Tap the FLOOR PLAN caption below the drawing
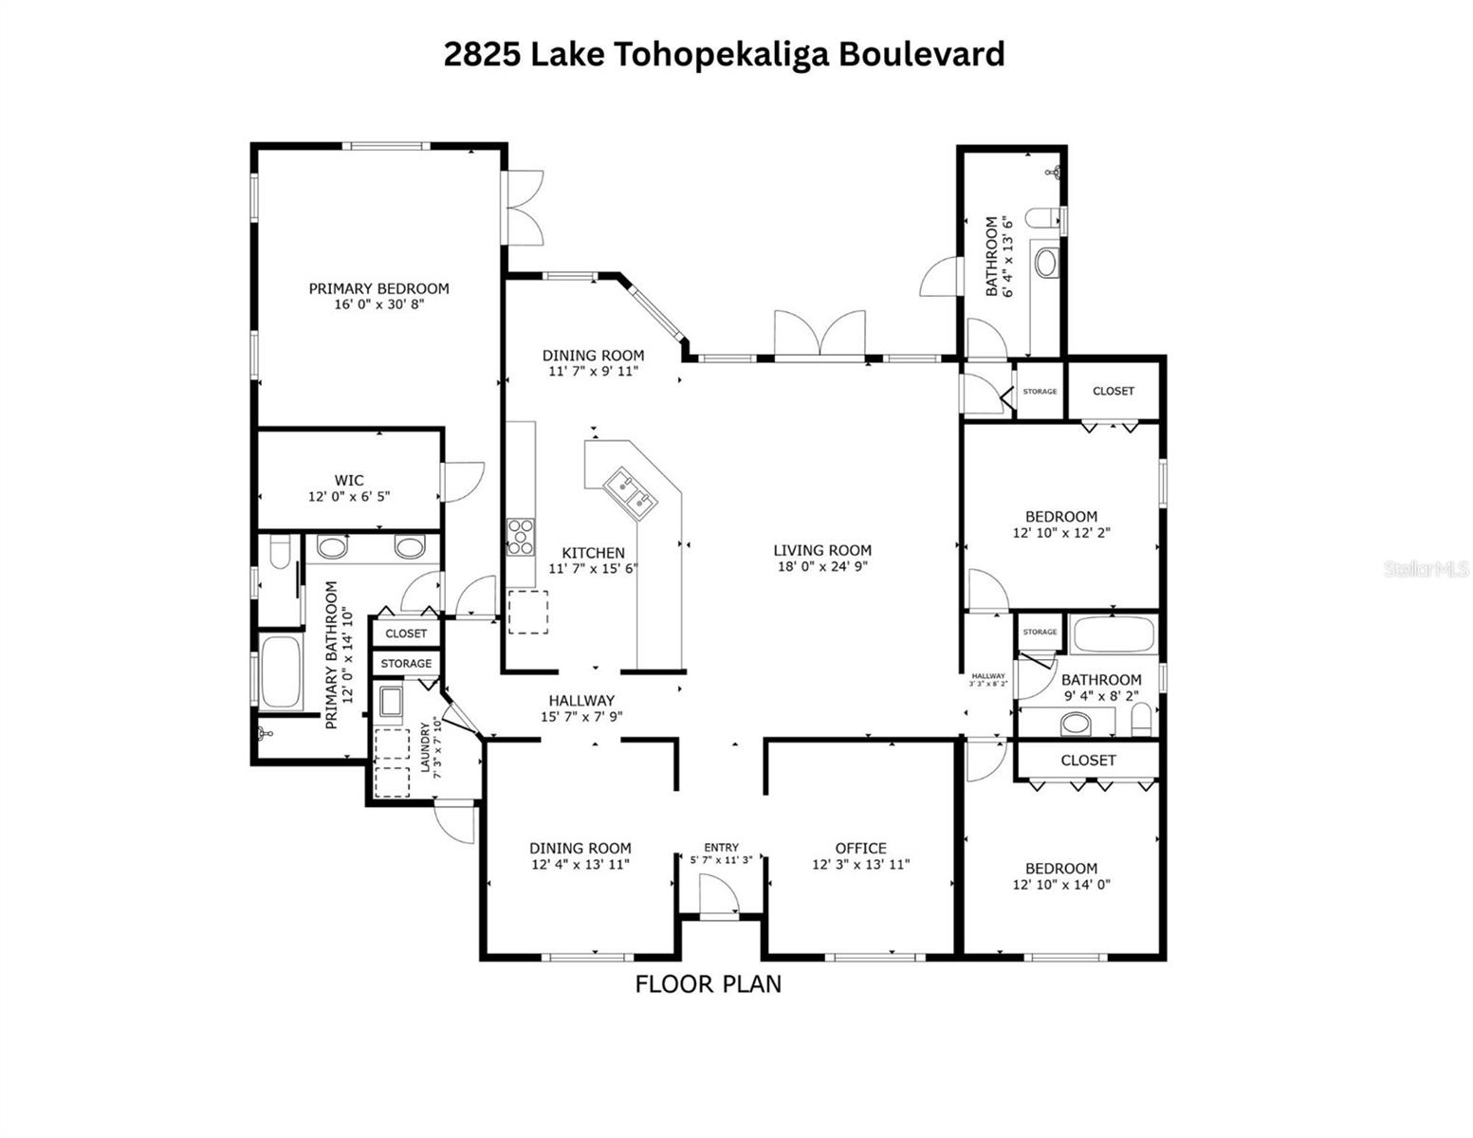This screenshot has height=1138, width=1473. (708, 984)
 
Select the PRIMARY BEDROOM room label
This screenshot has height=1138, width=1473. (378, 288)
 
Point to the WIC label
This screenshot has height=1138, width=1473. (348, 481)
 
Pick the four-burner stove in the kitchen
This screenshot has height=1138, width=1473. (520, 536)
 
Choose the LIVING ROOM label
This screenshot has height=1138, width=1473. (821, 550)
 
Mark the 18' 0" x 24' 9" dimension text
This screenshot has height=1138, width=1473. (821, 567)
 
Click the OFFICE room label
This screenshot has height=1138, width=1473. (860, 848)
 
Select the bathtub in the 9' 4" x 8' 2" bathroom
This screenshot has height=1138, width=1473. (1113, 633)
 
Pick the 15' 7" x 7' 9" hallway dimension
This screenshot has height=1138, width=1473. (581, 717)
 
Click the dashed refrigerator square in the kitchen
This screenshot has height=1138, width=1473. (528, 612)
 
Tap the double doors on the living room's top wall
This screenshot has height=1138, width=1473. (819, 336)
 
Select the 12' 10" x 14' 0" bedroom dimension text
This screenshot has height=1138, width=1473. (1061, 884)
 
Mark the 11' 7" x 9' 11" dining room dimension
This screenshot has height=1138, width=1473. (593, 371)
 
